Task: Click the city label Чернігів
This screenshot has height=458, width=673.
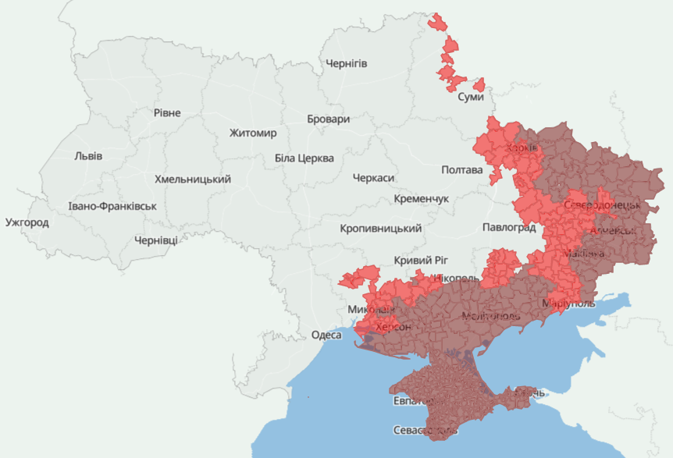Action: (346, 63)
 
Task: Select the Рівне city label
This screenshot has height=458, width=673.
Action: (166, 113)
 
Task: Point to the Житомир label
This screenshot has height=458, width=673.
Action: (253, 133)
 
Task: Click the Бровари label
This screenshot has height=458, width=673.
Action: (328, 119)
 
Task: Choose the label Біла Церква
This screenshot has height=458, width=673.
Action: (304, 158)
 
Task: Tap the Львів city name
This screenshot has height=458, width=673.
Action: (87, 155)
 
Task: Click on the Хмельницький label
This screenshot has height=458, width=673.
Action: (193, 179)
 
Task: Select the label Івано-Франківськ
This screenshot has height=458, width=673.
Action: (112, 207)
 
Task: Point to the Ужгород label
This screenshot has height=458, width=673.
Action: (27, 222)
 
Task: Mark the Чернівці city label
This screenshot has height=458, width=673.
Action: (155, 240)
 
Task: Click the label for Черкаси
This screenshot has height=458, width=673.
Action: (373, 179)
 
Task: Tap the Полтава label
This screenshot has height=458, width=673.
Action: (461, 169)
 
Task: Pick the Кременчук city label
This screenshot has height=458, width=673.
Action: (422, 199)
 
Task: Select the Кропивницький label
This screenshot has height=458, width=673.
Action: (381, 229)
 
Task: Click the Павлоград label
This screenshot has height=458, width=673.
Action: (508, 228)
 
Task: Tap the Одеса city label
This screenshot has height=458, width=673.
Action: (326, 335)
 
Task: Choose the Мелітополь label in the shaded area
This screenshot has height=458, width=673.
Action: (491, 316)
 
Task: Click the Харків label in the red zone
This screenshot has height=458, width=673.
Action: (521, 148)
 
